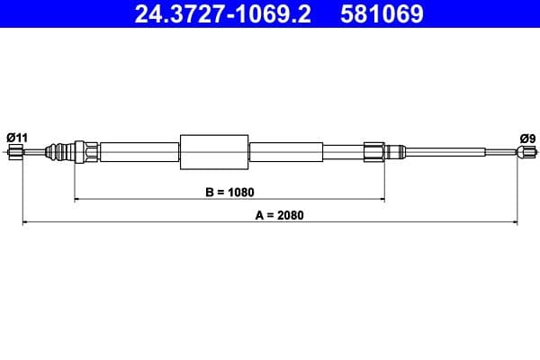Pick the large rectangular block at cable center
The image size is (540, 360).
click(214, 152)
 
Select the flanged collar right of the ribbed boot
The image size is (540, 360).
click(86, 152)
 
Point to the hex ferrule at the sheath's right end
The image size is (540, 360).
click(374, 152)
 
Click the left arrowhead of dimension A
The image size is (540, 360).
click(26, 222)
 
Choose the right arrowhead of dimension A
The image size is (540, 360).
click(514, 222)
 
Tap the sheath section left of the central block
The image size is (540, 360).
click(139, 152)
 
